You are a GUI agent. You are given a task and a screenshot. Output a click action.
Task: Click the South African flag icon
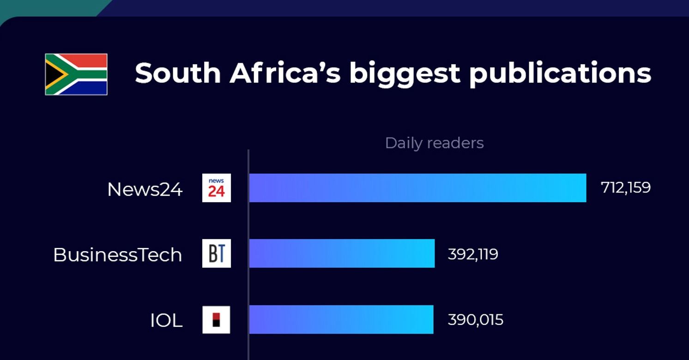tap(76, 74)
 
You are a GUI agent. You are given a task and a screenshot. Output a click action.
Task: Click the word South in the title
tap(178, 73)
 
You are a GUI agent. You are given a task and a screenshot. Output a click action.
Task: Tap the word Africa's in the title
tap(285, 73)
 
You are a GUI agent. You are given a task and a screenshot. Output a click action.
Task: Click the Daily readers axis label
tap(434, 143)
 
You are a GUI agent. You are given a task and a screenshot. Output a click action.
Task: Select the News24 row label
tap(145, 189)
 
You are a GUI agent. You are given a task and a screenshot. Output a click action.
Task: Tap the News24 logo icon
tap(216, 188)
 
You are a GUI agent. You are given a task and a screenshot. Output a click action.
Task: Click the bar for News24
tap(417, 188)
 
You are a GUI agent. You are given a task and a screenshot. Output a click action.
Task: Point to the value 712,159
tap(626, 188)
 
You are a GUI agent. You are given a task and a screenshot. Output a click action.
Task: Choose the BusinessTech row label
tap(117, 255)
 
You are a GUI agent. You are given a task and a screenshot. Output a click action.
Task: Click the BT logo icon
tap(216, 253)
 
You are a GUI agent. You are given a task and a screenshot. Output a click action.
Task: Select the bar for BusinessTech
tap(342, 253)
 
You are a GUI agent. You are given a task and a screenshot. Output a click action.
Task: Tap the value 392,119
tap(473, 254)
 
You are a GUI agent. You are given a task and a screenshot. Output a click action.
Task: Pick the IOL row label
tap(166, 321)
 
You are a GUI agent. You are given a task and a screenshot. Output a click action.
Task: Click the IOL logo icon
tap(216, 319)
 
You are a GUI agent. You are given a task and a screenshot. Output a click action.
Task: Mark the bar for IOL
tap(341, 319)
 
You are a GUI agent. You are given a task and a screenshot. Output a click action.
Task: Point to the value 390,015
tap(475, 320)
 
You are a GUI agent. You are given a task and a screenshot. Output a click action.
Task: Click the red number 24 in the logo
tap(216, 191)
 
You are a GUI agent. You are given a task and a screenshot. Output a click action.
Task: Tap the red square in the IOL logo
tap(216, 316)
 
